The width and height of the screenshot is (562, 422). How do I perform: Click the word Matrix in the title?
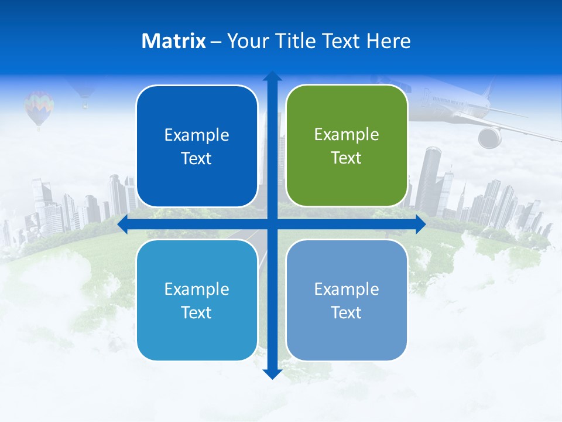(173, 41)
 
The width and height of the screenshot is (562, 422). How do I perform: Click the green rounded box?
(347, 146)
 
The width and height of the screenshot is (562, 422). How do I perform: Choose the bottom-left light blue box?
(197, 300)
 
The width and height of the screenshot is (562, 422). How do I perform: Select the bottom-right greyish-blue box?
(347, 300)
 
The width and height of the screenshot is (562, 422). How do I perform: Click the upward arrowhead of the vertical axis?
(272, 76)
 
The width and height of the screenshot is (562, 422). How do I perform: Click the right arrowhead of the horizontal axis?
(420, 224)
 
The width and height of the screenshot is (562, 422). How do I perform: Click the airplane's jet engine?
(489, 137)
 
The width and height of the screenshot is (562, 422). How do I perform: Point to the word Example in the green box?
(347, 135)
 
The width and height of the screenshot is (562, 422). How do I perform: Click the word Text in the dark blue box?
(197, 159)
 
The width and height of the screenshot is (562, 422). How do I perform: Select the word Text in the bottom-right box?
(347, 312)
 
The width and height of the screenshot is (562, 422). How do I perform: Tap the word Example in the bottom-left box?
(197, 289)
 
